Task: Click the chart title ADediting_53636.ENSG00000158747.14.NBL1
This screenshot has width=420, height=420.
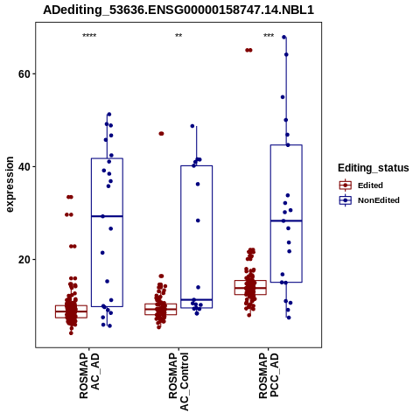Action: [x=178, y=10]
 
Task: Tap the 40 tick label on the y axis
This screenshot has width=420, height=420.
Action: [x=24, y=167]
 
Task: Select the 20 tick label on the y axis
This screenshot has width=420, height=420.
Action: [x=24, y=260]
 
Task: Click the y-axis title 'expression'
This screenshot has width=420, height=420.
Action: [x=10, y=185]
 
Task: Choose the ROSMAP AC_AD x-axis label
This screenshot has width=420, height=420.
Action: [x=89, y=375]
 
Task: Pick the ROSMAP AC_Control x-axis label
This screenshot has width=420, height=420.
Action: [x=178, y=381]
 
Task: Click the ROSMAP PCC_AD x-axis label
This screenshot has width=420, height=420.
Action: [x=269, y=375]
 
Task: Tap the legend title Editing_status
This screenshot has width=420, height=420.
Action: [x=374, y=168]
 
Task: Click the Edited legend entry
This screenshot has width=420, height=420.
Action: [x=361, y=185]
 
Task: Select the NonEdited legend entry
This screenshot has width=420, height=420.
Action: [x=369, y=200]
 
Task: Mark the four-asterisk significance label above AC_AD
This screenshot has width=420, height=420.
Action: [x=89, y=36]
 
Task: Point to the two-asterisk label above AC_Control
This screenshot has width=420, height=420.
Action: [x=178, y=36]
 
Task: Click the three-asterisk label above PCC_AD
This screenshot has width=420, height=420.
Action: [x=269, y=36]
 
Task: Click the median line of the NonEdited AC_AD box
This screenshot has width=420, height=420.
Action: [x=107, y=216]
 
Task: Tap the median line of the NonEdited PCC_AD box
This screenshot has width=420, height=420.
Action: [x=286, y=220]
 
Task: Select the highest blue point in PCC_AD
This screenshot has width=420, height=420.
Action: [x=284, y=37]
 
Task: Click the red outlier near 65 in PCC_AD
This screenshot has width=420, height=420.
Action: [x=248, y=50]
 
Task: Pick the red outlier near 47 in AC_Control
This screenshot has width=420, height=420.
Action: [x=161, y=134]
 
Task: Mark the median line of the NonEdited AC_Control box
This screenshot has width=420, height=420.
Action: [x=197, y=300]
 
